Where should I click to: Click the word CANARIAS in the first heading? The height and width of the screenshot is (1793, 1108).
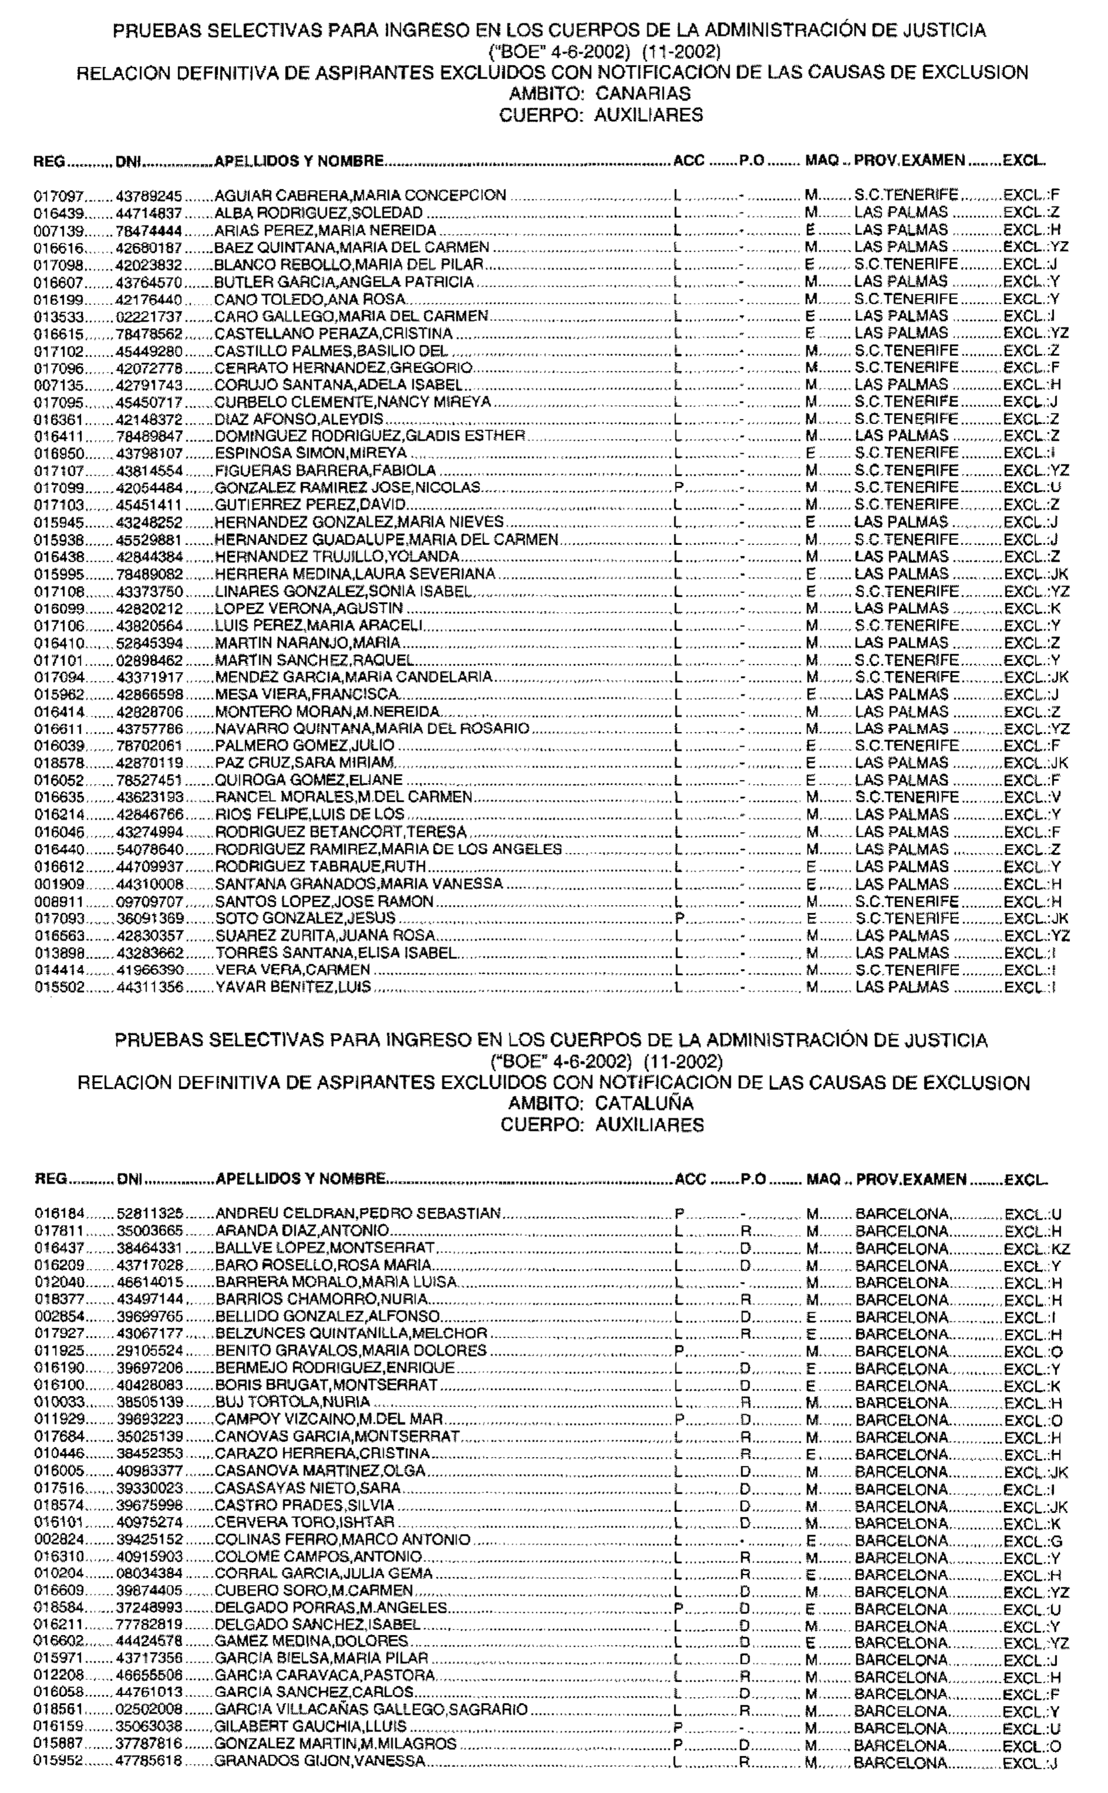coord(643,94)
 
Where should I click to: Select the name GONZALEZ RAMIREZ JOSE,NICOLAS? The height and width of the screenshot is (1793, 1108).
coord(347,488)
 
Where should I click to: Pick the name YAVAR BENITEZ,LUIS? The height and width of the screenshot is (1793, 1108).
coord(293,987)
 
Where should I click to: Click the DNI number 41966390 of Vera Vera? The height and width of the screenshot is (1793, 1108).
coord(150,970)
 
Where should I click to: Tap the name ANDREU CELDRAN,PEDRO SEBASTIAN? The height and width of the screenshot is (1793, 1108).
coord(358,1213)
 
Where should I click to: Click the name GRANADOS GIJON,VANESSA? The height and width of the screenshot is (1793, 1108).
coord(320,1762)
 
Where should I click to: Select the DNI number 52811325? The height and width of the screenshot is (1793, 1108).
coord(150,1213)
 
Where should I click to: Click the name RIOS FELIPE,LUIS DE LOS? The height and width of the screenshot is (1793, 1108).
coord(309,814)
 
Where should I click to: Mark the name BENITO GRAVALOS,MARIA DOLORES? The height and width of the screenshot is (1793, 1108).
coord(350,1351)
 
